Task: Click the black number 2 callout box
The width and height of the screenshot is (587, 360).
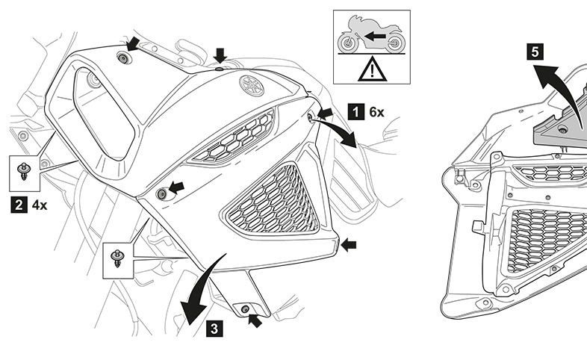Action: pos(16,202)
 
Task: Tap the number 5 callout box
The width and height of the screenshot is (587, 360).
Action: pos(534,52)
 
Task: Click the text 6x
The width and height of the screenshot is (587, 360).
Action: pos(376,113)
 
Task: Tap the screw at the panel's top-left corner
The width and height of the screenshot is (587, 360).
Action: pos(124,58)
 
